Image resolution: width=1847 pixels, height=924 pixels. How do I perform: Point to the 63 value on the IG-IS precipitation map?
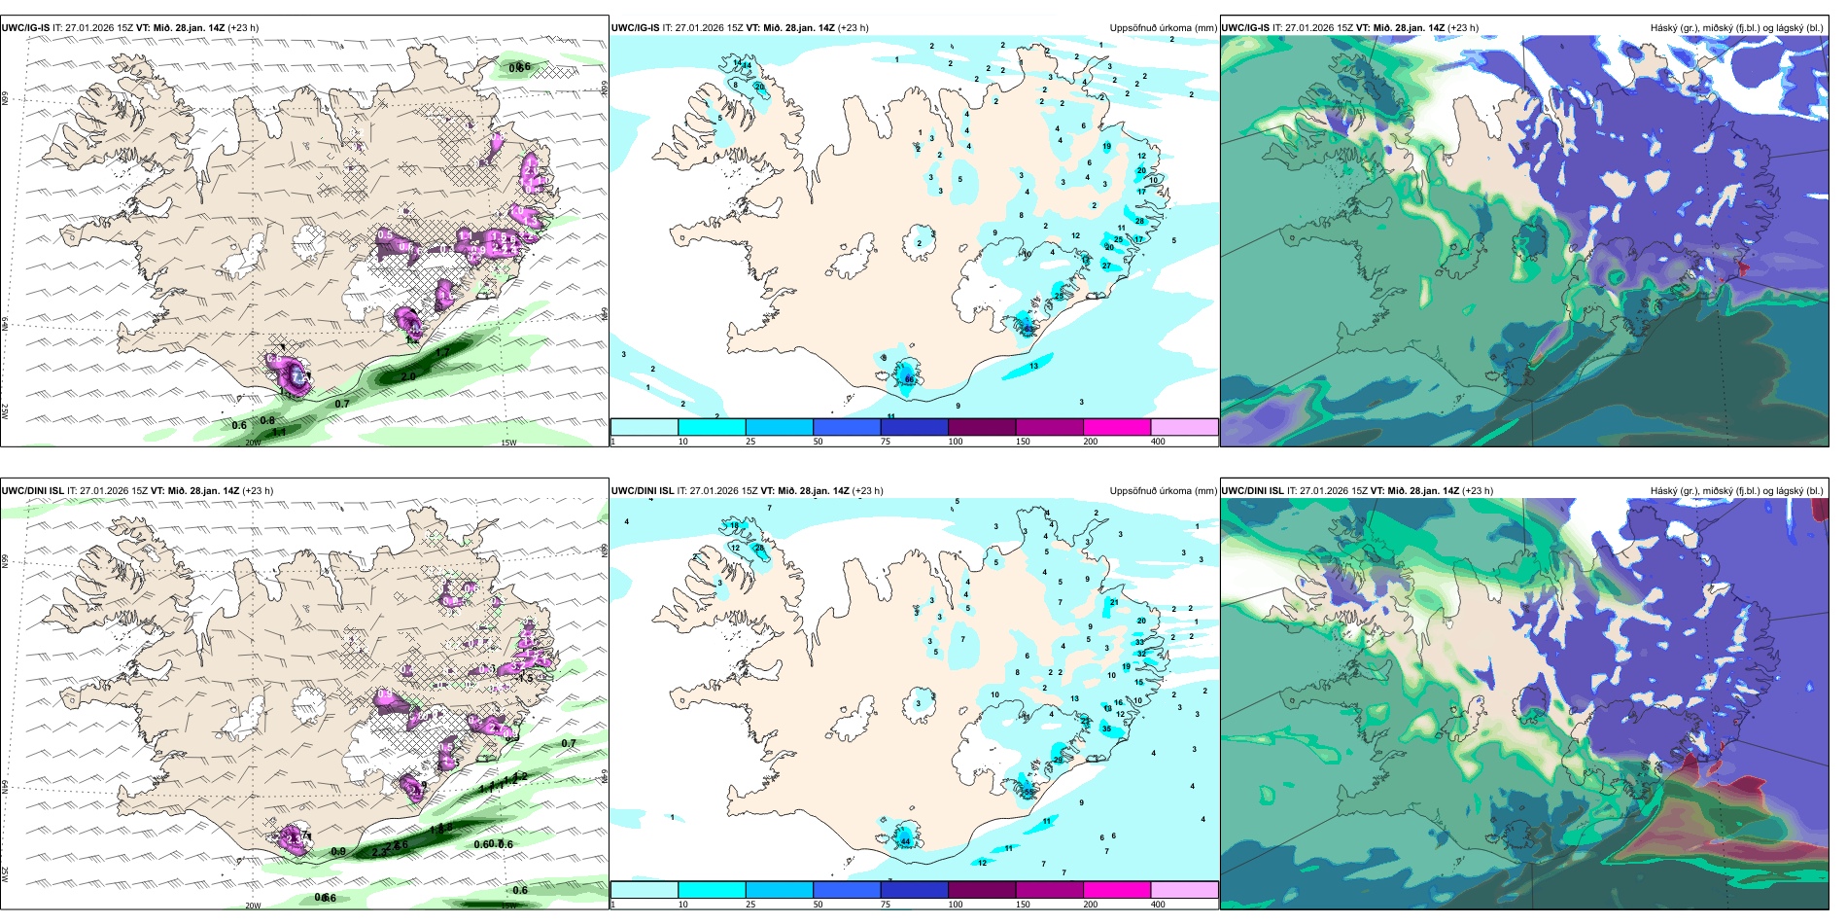tap(1028, 329)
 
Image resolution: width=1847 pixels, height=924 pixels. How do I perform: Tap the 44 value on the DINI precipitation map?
tap(905, 841)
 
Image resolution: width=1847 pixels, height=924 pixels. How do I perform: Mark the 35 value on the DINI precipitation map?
tap(1106, 729)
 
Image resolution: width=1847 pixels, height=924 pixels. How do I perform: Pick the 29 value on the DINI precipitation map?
tap(1058, 760)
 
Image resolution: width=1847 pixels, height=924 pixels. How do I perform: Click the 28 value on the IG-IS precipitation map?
tap(1139, 222)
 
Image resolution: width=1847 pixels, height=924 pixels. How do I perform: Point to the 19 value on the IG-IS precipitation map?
tap(1106, 147)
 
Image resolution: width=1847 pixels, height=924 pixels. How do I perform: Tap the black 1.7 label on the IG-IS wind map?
tap(442, 352)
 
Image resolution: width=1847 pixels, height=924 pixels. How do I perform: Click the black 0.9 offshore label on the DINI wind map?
tap(338, 852)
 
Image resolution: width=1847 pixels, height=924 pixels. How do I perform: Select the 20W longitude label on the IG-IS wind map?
tap(253, 443)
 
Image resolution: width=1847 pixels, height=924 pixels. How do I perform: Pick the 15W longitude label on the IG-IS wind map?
tap(507, 443)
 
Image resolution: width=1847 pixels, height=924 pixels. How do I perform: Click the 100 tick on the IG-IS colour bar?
tap(955, 442)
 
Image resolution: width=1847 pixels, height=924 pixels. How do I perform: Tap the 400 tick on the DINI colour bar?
tap(1158, 905)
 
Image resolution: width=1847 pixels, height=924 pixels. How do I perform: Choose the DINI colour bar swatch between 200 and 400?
tap(1184, 890)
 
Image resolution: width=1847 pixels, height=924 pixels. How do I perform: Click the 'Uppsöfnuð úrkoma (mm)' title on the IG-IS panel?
tap(1163, 28)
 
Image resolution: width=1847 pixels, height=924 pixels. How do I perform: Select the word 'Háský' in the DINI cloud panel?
tap(1665, 491)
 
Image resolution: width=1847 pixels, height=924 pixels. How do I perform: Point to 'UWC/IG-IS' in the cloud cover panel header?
tap(1244, 28)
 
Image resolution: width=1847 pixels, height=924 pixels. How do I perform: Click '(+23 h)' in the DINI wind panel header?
tap(258, 491)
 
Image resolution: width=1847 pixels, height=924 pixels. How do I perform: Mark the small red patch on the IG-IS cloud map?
tap(1742, 265)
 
